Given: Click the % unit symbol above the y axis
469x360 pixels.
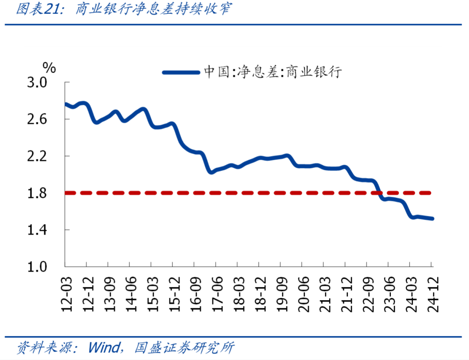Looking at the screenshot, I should point(49,67).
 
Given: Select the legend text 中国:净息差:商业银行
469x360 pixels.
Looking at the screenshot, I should point(273,72).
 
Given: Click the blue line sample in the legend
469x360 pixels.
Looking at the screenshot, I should point(181,72).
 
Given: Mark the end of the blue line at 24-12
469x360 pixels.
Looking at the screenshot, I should point(432,218).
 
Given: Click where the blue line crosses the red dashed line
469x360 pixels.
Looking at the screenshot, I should point(379,192).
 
